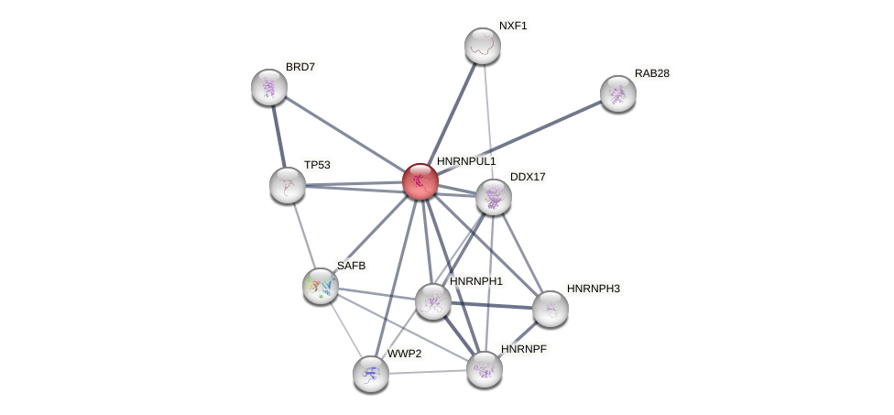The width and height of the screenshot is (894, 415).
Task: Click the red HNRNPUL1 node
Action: (420, 181)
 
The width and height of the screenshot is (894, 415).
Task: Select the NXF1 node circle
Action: (483, 46)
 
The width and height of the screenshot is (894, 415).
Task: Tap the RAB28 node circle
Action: (618, 93)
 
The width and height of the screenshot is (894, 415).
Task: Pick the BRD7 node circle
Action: (269, 87)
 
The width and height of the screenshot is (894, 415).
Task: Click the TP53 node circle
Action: (288, 185)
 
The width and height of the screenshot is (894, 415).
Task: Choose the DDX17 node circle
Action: (494, 197)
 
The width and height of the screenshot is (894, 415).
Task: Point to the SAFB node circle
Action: (321, 286)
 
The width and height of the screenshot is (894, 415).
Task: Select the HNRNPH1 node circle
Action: (433, 300)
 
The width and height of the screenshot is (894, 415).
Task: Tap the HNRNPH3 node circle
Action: (551, 309)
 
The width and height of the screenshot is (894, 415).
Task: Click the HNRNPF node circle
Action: (485, 369)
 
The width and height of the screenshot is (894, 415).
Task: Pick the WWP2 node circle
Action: (371, 374)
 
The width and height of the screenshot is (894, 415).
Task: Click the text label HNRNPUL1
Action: (465, 161)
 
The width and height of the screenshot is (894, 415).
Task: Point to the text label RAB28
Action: (651, 73)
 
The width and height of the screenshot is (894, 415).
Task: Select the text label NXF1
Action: (513, 26)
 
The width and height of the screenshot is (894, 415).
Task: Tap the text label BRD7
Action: (300, 67)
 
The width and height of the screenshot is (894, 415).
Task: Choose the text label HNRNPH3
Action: (593, 289)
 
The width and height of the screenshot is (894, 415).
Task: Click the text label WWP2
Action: (403, 354)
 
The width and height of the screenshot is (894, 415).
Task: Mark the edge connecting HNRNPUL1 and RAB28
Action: (519, 137)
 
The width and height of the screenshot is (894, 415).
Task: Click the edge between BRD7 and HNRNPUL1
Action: (344, 134)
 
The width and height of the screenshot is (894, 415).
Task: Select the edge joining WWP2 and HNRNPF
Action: (428, 372)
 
